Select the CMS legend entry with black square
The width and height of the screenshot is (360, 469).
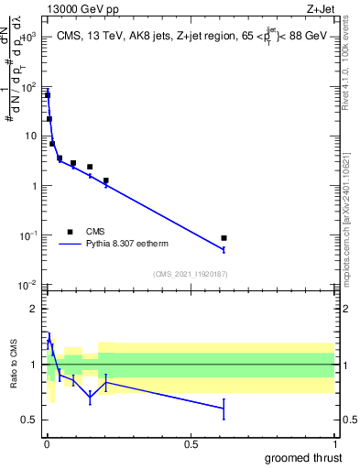click(70, 232)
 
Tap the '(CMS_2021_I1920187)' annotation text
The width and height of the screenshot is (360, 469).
click(190, 274)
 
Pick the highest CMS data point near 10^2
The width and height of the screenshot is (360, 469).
click(48, 95)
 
